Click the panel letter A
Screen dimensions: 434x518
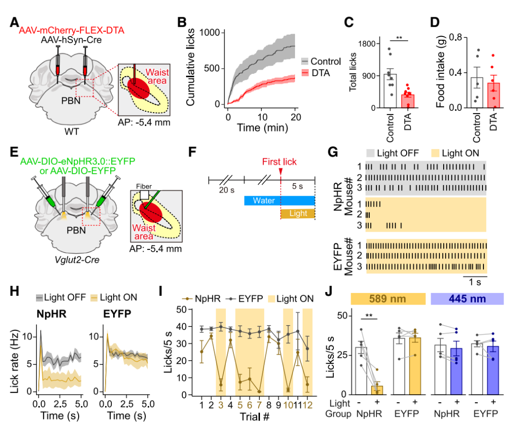click(14, 23)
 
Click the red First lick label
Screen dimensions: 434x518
click(280, 162)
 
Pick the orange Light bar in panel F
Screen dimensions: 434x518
click(297, 213)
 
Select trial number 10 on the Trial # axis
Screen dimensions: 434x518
click(288, 405)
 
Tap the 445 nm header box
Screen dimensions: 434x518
click(467, 299)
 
